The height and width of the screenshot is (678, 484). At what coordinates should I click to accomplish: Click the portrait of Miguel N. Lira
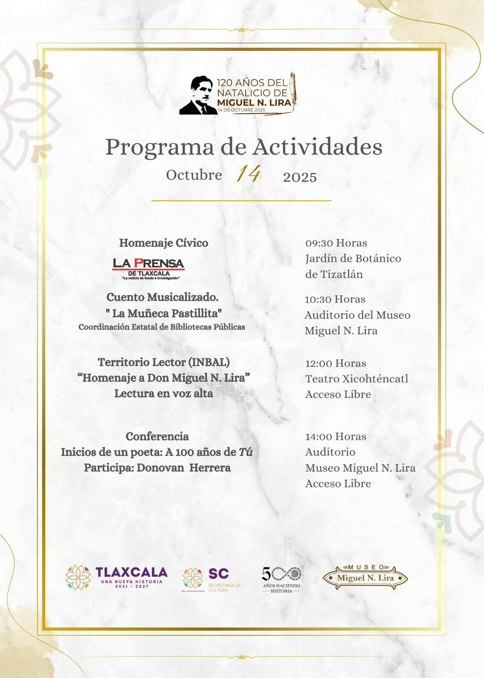(x=198, y=96)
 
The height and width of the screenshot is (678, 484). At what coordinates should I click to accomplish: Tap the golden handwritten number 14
(x=248, y=173)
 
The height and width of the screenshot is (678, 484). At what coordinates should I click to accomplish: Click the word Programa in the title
(x=160, y=147)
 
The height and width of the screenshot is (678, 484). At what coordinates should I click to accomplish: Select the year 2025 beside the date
(x=300, y=177)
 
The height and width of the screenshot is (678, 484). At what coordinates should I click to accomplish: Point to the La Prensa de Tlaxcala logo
(x=149, y=269)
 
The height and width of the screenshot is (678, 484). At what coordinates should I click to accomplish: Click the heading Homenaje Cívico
(x=163, y=243)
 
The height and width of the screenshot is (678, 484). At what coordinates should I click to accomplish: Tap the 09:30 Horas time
(x=336, y=243)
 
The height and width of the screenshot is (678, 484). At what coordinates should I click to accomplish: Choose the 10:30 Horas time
(x=335, y=299)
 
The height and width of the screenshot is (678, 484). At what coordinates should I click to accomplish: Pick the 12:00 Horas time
(x=336, y=363)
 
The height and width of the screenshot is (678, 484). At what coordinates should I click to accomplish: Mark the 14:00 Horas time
(x=336, y=436)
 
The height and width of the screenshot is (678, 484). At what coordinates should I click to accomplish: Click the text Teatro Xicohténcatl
(x=357, y=378)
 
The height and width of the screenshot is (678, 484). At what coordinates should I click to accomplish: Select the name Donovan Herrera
(x=183, y=468)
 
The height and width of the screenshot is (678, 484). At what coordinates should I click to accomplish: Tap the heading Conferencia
(x=157, y=436)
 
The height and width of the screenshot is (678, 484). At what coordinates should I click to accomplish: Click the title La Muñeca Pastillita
(x=164, y=313)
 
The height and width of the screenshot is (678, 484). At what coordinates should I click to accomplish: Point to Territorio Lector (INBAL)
(x=163, y=362)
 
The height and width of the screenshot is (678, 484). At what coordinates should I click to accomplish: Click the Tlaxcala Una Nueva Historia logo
(x=116, y=578)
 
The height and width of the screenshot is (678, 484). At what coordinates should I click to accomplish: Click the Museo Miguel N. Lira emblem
(x=365, y=578)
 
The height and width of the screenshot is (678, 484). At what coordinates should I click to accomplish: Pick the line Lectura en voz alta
(x=163, y=394)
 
